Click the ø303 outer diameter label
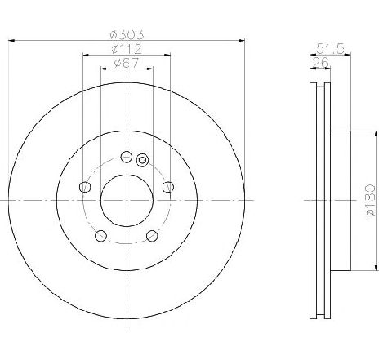coord(127,34)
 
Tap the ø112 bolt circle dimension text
coord(127,49)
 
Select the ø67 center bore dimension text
coord(126,63)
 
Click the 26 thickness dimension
coord(321,63)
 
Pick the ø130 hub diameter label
coord(371,201)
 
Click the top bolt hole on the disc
coord(127,157)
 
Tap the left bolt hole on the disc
coord(85,187)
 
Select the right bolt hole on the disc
coord(168,187)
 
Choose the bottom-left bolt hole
coord(100,236)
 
